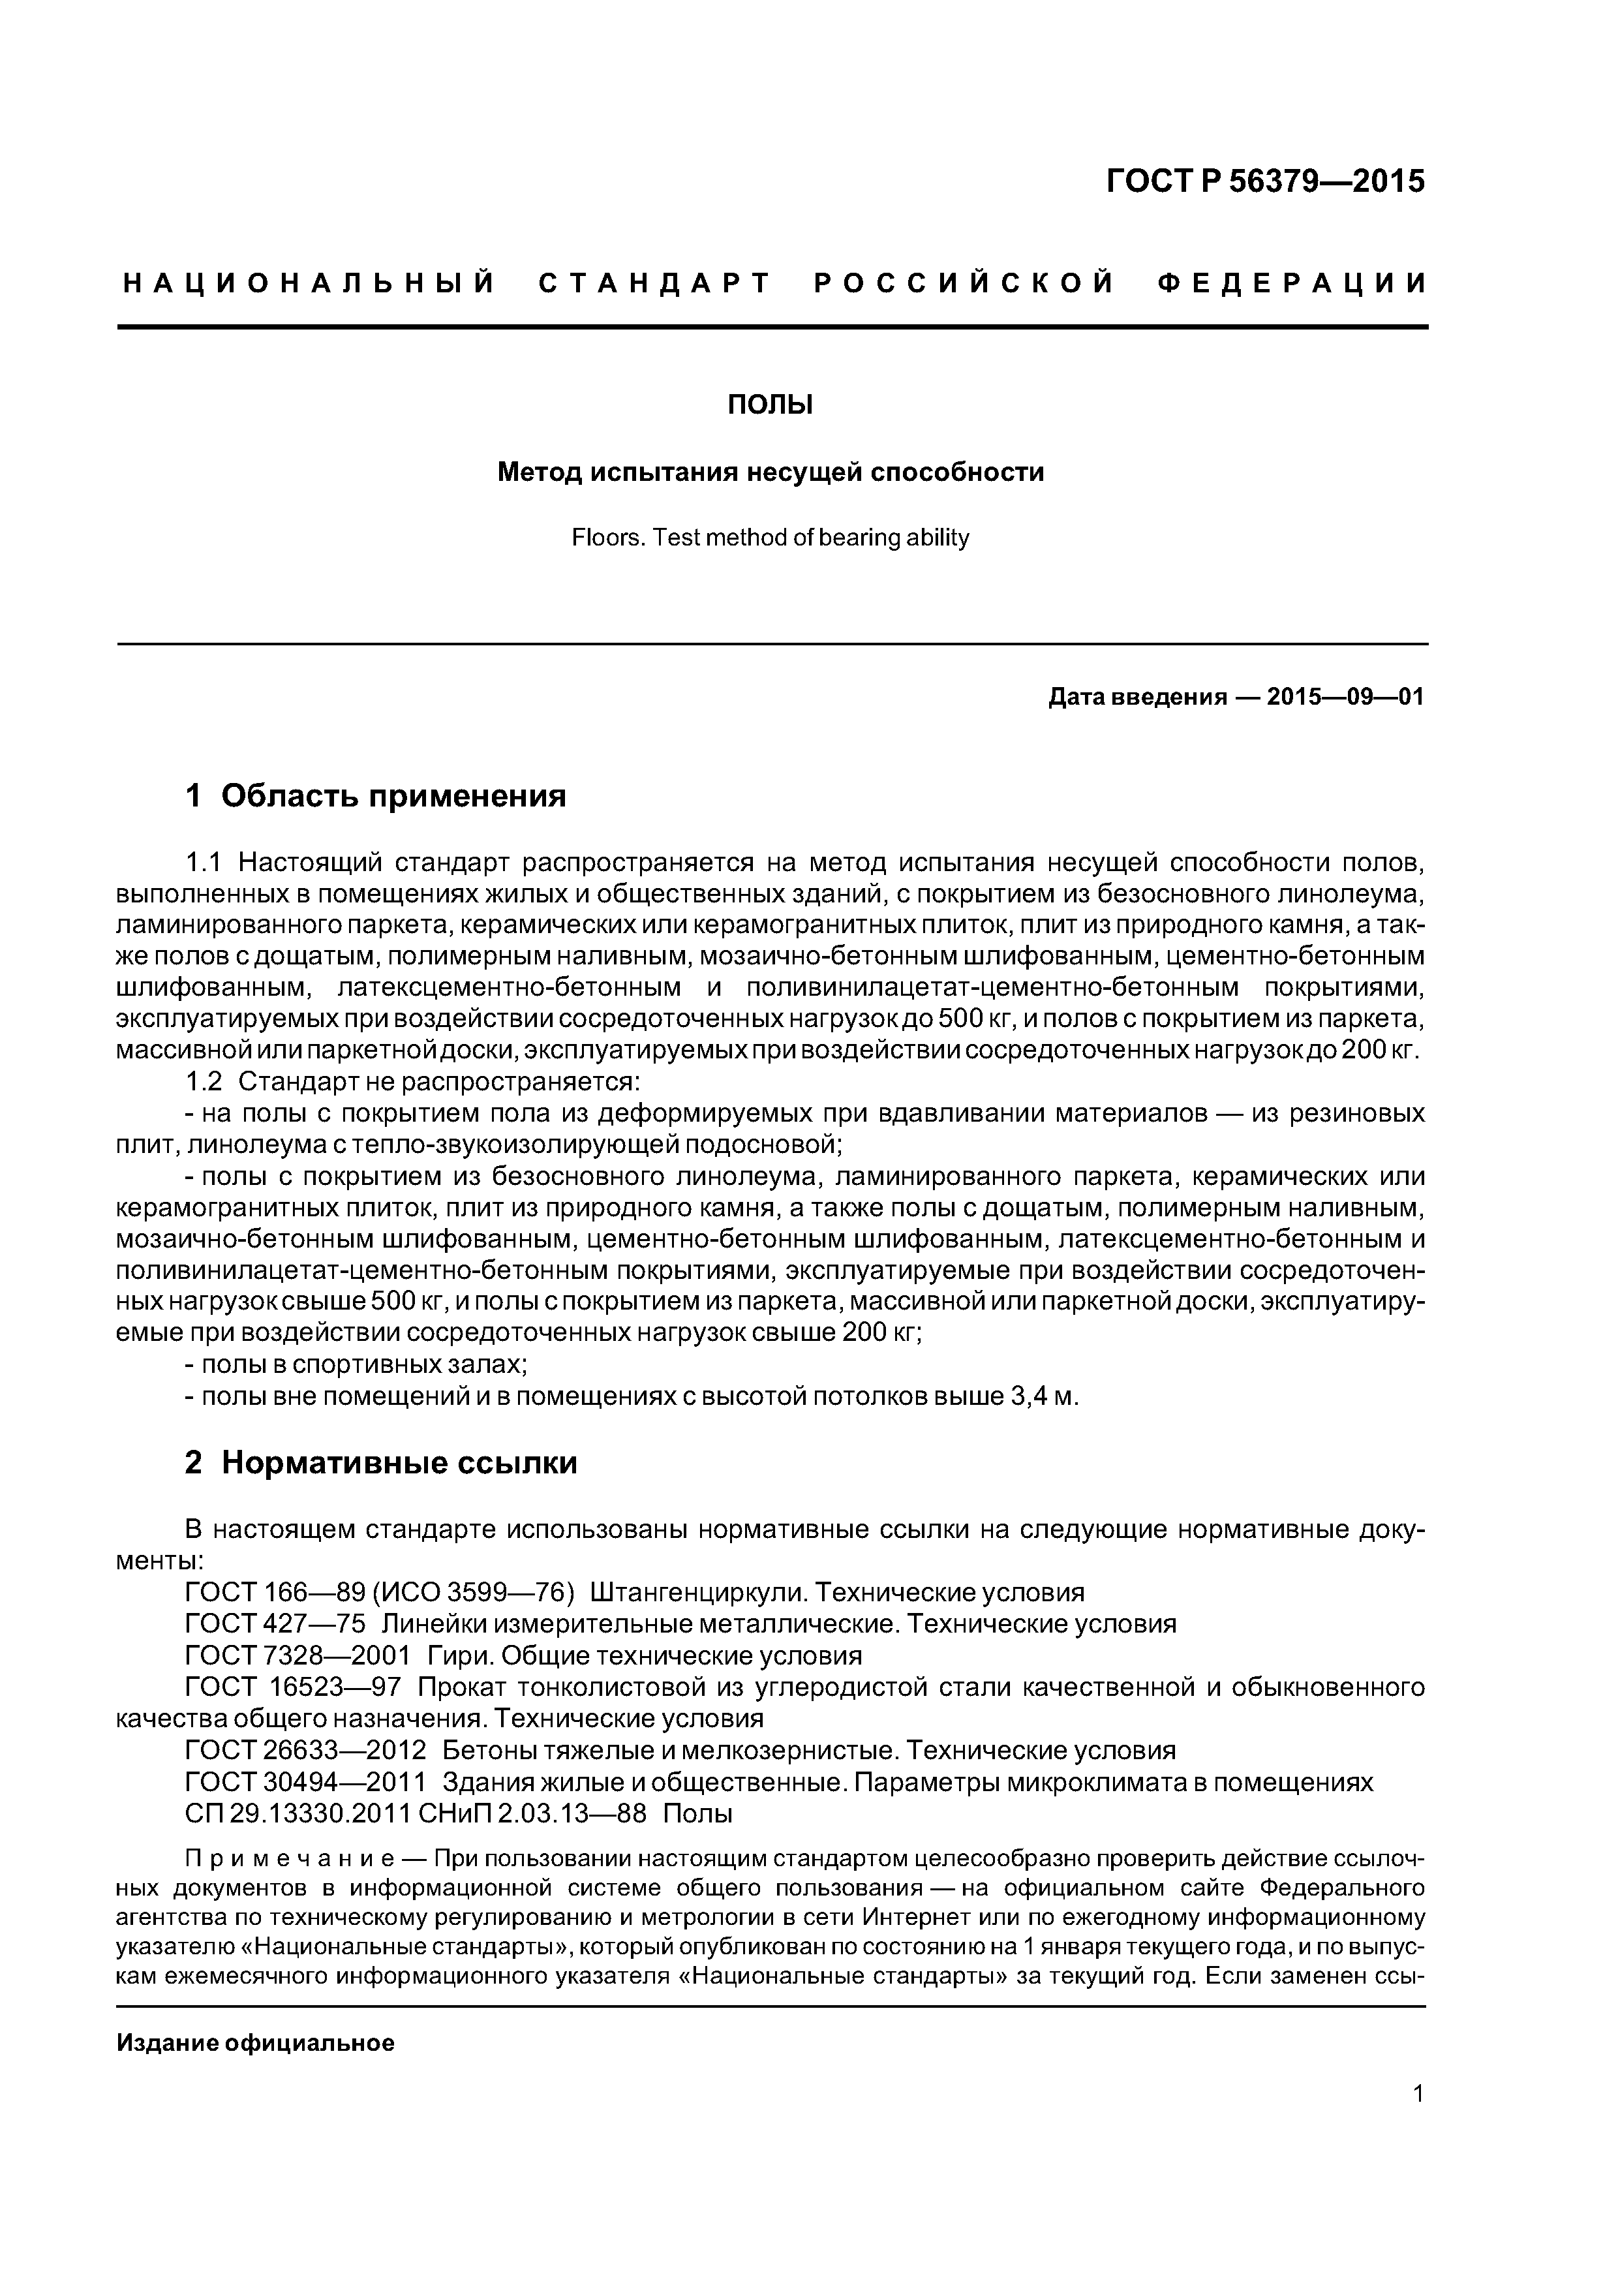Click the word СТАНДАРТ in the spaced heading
click(x=655, y=284)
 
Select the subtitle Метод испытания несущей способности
click(x=770, y=472)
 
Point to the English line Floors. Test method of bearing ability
click(x=770, y=538)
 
